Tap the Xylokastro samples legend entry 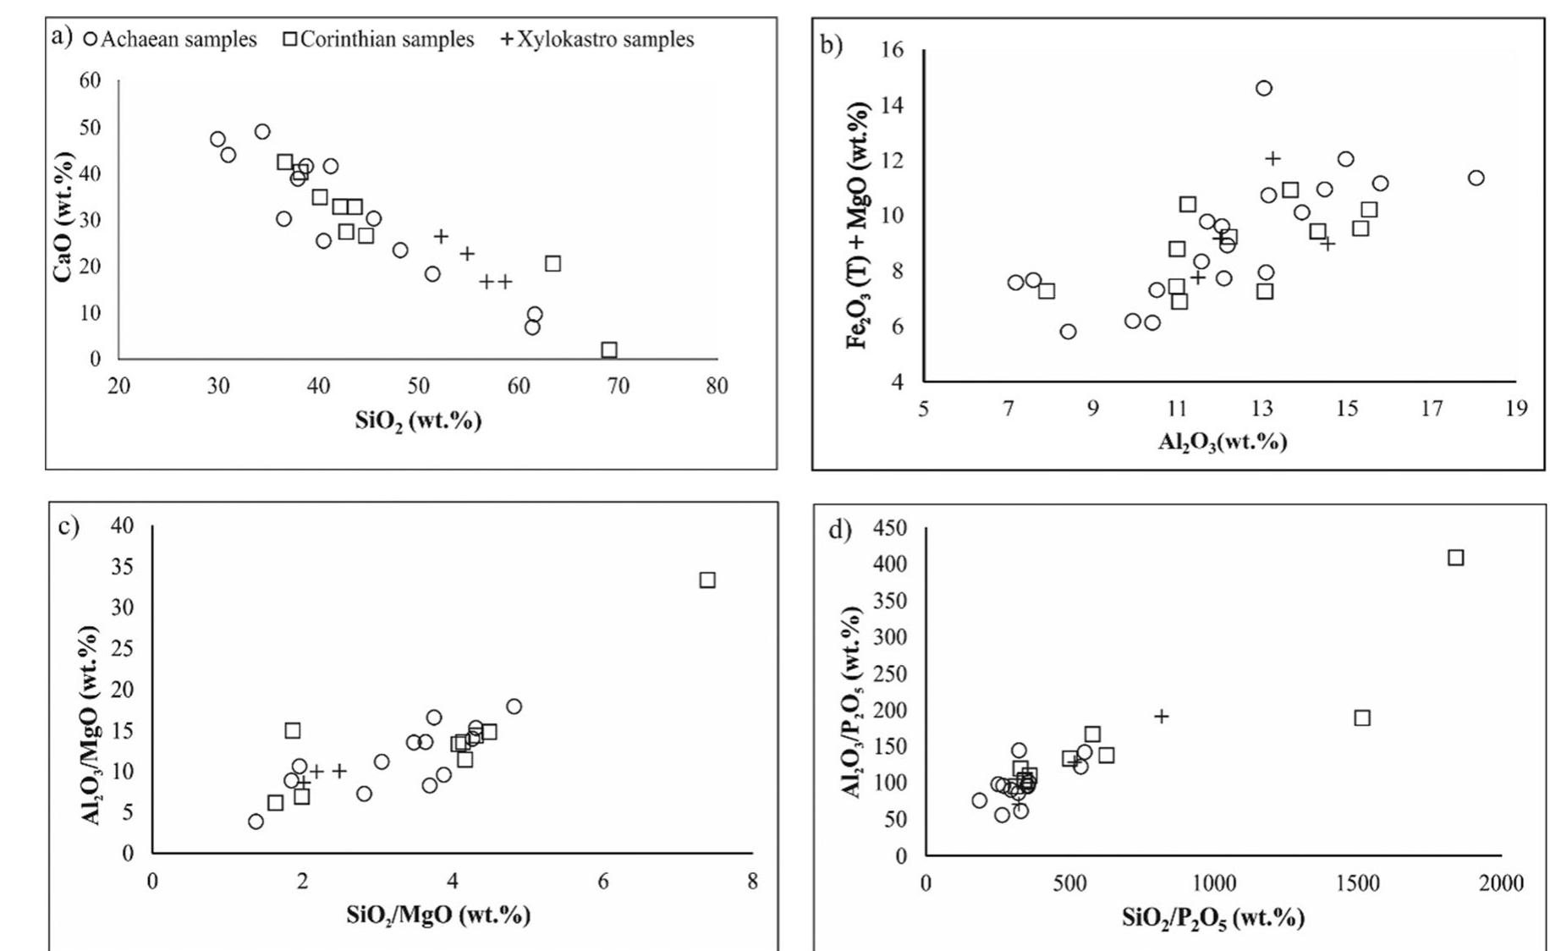[597, 40]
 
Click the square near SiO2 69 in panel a [609, 349]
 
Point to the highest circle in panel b [1263, 88]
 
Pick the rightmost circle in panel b [1476, 178]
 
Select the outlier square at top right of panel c [707, 580]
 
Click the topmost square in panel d [1455, 558]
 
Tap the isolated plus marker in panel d [1162, 717]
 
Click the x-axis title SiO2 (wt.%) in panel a [418, 421]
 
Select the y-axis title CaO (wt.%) [63, 217]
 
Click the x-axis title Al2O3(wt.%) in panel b [1222, 442]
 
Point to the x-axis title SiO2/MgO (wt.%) [437, 915]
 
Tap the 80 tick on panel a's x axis [717, 387]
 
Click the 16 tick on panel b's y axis [892, 50]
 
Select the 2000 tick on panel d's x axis [1500, 884]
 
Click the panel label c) [69, 526]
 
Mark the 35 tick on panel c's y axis [122, 566]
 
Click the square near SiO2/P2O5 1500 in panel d [1361, 717]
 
